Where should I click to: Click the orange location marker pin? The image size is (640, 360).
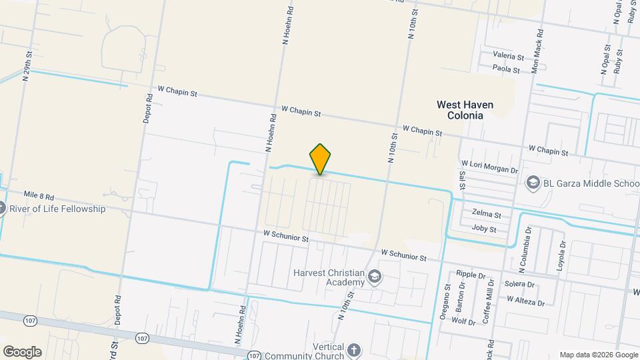(321, 159)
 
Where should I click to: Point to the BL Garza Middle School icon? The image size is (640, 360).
(532, 182)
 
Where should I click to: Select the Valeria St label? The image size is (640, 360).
(509, 55)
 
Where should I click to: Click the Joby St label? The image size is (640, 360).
(484, 229)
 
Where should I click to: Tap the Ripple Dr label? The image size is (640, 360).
(470, 274)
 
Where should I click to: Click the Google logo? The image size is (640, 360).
(22, 351)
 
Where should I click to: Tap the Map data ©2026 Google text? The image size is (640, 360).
(599, 355)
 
